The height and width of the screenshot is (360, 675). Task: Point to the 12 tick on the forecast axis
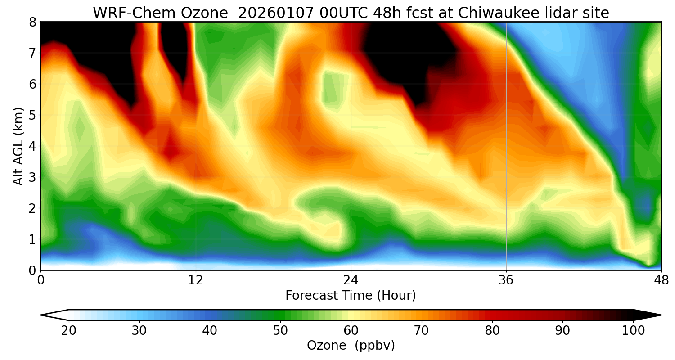[x=196, y=279]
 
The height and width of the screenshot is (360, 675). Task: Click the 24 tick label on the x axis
[x=351, y=279]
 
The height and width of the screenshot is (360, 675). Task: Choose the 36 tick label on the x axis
[x=506, y=279]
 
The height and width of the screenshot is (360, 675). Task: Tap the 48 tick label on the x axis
[x=661, y=279]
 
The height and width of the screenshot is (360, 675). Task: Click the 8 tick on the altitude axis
[x=33, y=22]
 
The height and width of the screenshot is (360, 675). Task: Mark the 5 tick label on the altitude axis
[x=33, y=115]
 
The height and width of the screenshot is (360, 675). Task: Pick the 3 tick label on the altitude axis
[x=33, y=177]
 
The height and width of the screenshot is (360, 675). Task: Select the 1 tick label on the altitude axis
[x=33, y=239]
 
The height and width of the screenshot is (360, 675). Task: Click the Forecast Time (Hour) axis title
[x=351, y=296]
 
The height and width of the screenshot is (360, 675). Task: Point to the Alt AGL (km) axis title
[x=18, y=146]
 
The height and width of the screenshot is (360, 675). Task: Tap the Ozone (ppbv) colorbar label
[x=351, y=346]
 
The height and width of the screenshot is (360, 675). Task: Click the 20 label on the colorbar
[x=69, y=331]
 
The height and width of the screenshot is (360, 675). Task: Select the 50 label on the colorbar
[x=280, y=331]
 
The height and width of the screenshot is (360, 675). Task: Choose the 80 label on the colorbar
[x=492, y=331]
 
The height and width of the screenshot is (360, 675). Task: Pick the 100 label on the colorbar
[x=633, y=331]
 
